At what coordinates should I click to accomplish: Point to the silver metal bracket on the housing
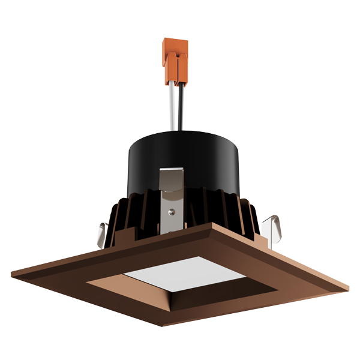172,192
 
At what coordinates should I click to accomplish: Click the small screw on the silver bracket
173,211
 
